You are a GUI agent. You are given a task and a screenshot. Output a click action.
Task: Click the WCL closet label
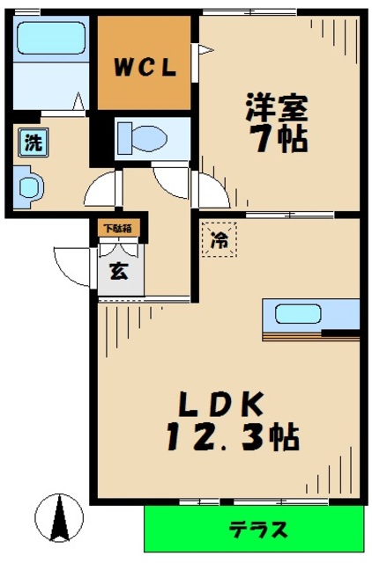[x=145, y=68]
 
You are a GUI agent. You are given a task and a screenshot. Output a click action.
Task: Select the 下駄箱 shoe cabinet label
[x=118, y=228]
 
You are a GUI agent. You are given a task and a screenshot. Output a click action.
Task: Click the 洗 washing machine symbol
[x=32, y=143]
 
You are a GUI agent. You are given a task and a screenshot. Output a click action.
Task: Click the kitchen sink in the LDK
[x=298, y=313]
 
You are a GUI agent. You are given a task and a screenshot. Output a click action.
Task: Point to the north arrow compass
[x=61, y=519]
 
